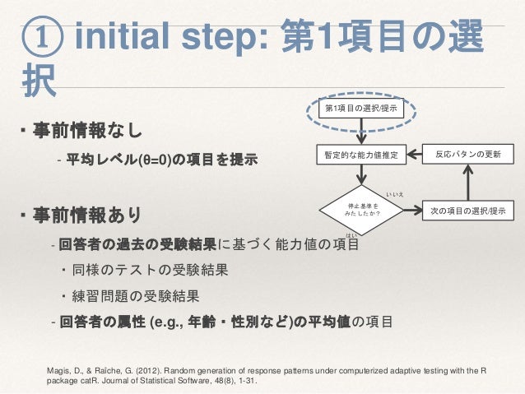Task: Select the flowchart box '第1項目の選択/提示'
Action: coord(362,109)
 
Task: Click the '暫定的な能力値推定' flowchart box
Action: coord(361,155)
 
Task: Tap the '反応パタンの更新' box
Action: coord(467,155)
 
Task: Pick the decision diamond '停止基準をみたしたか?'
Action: coord(362,210)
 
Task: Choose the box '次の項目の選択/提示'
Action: coord(468,210)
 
